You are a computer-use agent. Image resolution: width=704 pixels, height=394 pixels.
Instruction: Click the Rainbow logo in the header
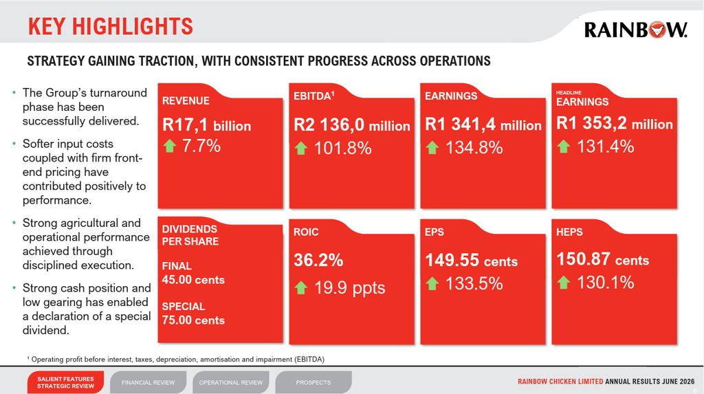(635, 30)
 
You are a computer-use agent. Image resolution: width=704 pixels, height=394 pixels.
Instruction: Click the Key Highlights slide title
(111, 27)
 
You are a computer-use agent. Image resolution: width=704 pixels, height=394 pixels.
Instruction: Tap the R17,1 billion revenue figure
(206, 125)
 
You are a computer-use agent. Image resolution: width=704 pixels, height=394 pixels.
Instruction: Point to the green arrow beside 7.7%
(170, 146)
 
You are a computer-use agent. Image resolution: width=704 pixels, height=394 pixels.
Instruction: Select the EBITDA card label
(313, 96)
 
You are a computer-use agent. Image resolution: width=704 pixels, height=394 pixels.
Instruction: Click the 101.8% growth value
(342, 149)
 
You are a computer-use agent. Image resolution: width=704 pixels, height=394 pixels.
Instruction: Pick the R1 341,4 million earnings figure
(483, 124)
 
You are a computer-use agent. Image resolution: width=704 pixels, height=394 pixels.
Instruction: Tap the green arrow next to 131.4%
(564, 146)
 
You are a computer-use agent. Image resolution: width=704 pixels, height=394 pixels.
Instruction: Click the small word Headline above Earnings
(569, 93)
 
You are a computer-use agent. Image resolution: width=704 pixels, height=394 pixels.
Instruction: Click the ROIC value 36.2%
(318, 260)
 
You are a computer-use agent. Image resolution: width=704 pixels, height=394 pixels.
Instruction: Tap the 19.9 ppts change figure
(349, 287)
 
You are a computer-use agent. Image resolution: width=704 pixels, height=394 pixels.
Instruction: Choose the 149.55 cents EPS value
(472, 261)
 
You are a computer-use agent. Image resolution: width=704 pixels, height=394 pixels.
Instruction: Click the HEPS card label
(569, 232)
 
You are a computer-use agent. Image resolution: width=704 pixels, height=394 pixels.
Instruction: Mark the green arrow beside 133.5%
(432, 283)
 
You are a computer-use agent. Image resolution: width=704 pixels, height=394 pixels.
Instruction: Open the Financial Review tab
(148, 382)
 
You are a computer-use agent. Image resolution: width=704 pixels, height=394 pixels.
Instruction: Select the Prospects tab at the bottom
(313, 382)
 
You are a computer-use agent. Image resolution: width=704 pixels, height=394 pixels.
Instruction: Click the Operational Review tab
(231, 382)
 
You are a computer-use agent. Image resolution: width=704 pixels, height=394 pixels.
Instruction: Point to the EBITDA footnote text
(175, 360)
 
